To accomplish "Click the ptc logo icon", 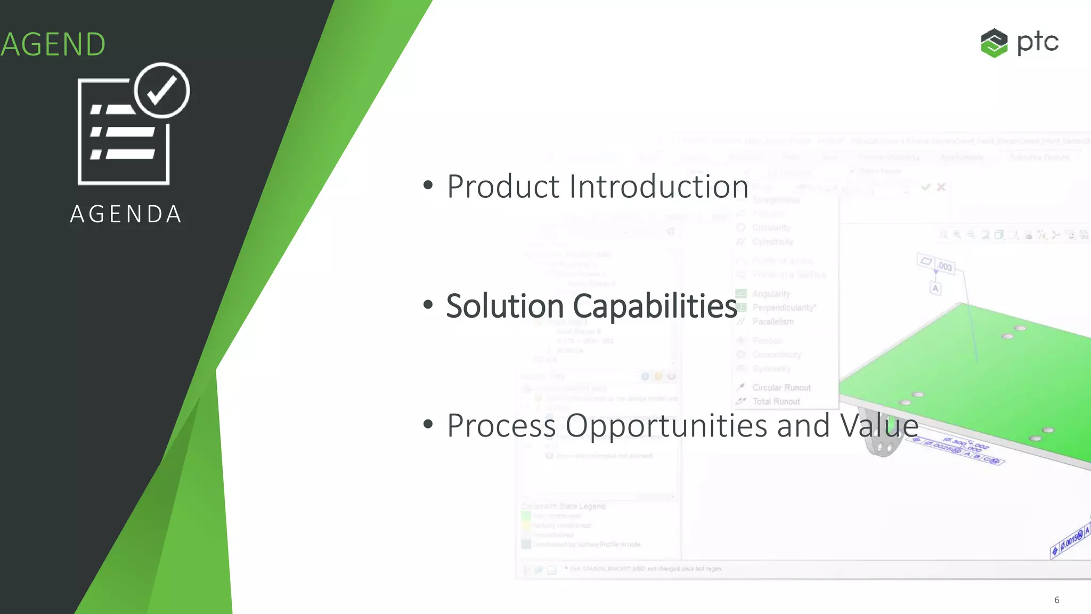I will [x=994, y=43].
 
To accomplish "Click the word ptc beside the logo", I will [x=1037, y=42].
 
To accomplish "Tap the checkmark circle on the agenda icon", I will [x=161, y=90].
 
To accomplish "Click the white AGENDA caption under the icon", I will [x=126, y=214].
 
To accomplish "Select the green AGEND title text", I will [x=53, y=44].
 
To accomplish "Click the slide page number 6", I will [x=1057, y=600].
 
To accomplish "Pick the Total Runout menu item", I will [x=776, y=401].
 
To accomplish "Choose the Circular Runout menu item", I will [x=781, y=387].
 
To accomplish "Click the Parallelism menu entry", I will [x=772, y=321].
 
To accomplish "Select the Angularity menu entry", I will [x=770, y=294].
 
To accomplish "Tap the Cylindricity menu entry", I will [x=772, y=241].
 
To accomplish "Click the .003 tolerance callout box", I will [x=940, y=264].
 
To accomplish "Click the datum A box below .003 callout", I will [x=935, y=288].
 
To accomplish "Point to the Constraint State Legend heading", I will [x=563, y=506].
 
